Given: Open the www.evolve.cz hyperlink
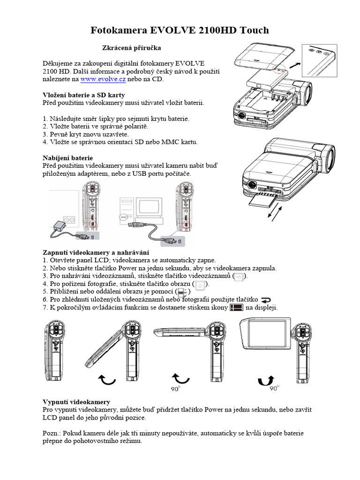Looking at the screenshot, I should [103, 80].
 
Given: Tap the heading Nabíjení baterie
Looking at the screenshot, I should [67, 157].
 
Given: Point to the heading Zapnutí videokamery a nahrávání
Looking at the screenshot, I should [95, 252].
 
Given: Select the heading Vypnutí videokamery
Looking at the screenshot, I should [76, 402].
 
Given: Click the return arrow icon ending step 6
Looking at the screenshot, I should [266, 300].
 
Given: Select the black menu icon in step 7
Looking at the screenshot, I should [236, 308].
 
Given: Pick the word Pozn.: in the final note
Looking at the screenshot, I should [51, 433].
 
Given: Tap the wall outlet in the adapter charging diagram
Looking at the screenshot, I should [69, 219].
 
